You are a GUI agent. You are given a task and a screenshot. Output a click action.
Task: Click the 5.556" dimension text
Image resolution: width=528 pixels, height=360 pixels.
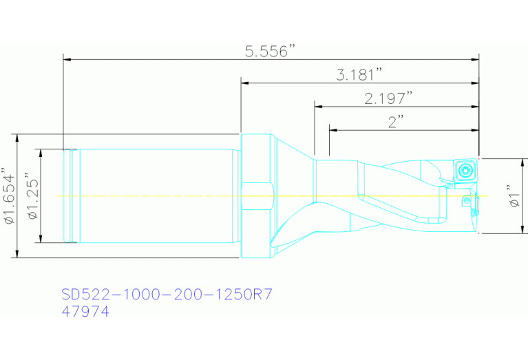[271, 51]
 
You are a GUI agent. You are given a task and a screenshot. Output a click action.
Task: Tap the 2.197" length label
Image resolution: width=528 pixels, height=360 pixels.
[388, 98]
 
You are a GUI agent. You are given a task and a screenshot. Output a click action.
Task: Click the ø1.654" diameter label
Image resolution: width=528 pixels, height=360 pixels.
[9, 195]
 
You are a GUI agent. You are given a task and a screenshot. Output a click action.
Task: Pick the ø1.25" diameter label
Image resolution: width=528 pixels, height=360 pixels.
[33, 195]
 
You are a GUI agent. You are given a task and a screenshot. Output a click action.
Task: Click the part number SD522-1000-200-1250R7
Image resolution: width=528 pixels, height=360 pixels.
[167, 295]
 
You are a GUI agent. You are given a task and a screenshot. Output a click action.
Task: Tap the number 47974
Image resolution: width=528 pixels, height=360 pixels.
[85, 311]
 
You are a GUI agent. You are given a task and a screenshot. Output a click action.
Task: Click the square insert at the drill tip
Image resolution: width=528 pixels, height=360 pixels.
[465, 169]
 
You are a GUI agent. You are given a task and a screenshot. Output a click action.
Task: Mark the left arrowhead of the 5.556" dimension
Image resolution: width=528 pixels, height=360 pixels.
[67, 60]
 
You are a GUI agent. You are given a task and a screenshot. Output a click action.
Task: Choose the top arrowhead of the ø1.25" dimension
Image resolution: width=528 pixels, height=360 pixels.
[41, 153]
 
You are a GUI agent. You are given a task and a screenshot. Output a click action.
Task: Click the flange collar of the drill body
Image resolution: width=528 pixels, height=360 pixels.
[257, 195]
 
